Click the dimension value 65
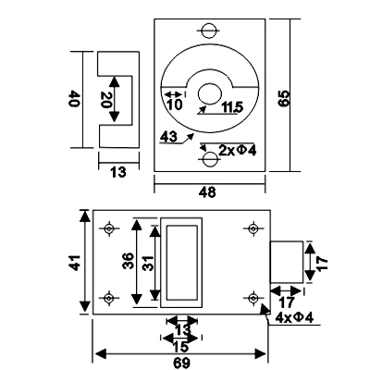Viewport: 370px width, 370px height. pos(283,99)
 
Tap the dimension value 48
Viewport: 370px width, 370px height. pos(208,192)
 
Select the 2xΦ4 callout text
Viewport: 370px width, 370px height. pos(238,151)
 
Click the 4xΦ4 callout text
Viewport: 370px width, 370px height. pos(294,317)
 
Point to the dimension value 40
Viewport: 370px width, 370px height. pos(74,99)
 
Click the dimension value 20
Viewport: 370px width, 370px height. pos(105,100)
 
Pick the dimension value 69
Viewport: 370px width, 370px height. pos(181,364)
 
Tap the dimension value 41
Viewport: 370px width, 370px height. pos(75,263)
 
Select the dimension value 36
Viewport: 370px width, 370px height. pos(128,261)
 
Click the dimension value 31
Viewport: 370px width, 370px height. pos(148,263)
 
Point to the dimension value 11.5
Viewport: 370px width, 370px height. pos(232,107)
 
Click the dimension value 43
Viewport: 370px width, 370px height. pos(168,137)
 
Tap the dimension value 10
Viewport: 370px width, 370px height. pos(175,105)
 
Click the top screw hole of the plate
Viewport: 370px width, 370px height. pos(209,31)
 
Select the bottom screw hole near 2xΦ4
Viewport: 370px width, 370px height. pos(210,159)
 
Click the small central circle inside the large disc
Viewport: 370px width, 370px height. pos(210,93)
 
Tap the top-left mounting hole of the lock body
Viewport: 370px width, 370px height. pos(108,228)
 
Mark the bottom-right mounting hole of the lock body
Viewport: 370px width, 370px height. pos(253,298)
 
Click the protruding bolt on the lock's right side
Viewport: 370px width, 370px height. pos(286,263)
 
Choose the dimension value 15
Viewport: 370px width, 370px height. pos(180,347)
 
